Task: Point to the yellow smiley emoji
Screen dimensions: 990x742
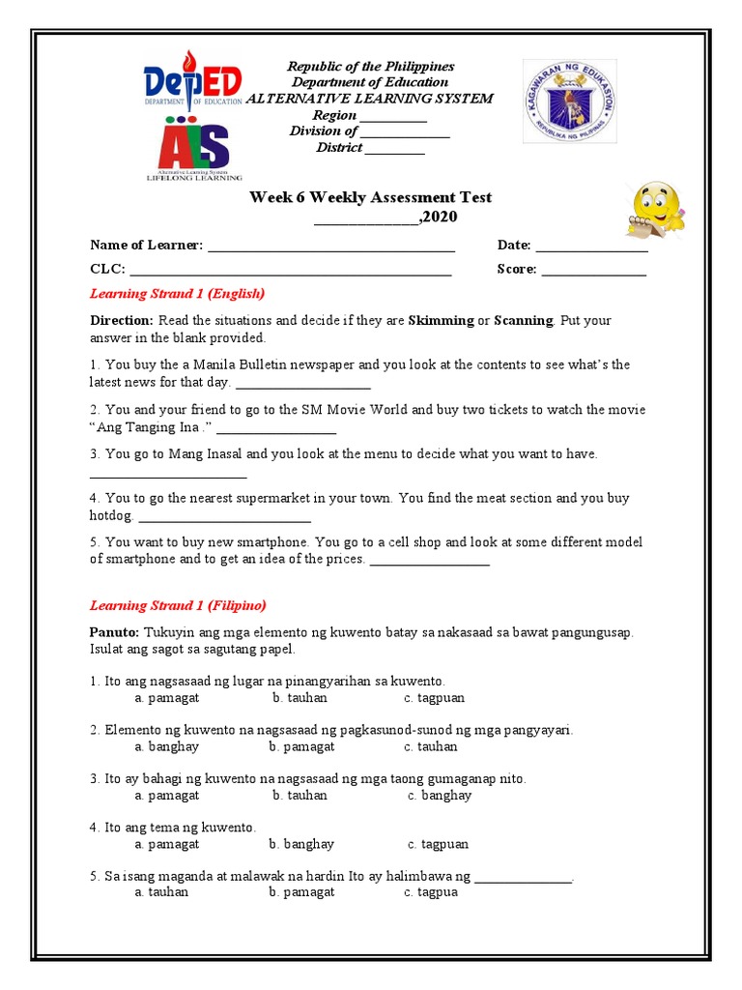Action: click(x=656, y=208)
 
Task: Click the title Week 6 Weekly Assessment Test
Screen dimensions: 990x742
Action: click(x=370, y=197)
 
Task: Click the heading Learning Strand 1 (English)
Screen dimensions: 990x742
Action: click(x=177, y=293)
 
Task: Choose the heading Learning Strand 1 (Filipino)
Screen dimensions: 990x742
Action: click(x=178, y=606)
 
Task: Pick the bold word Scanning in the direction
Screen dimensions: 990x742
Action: click(x=523, y=320)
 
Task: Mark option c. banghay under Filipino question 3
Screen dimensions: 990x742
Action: click(x=440, y=796)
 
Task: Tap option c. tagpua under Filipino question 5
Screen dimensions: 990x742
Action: click(x=431, y=892)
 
